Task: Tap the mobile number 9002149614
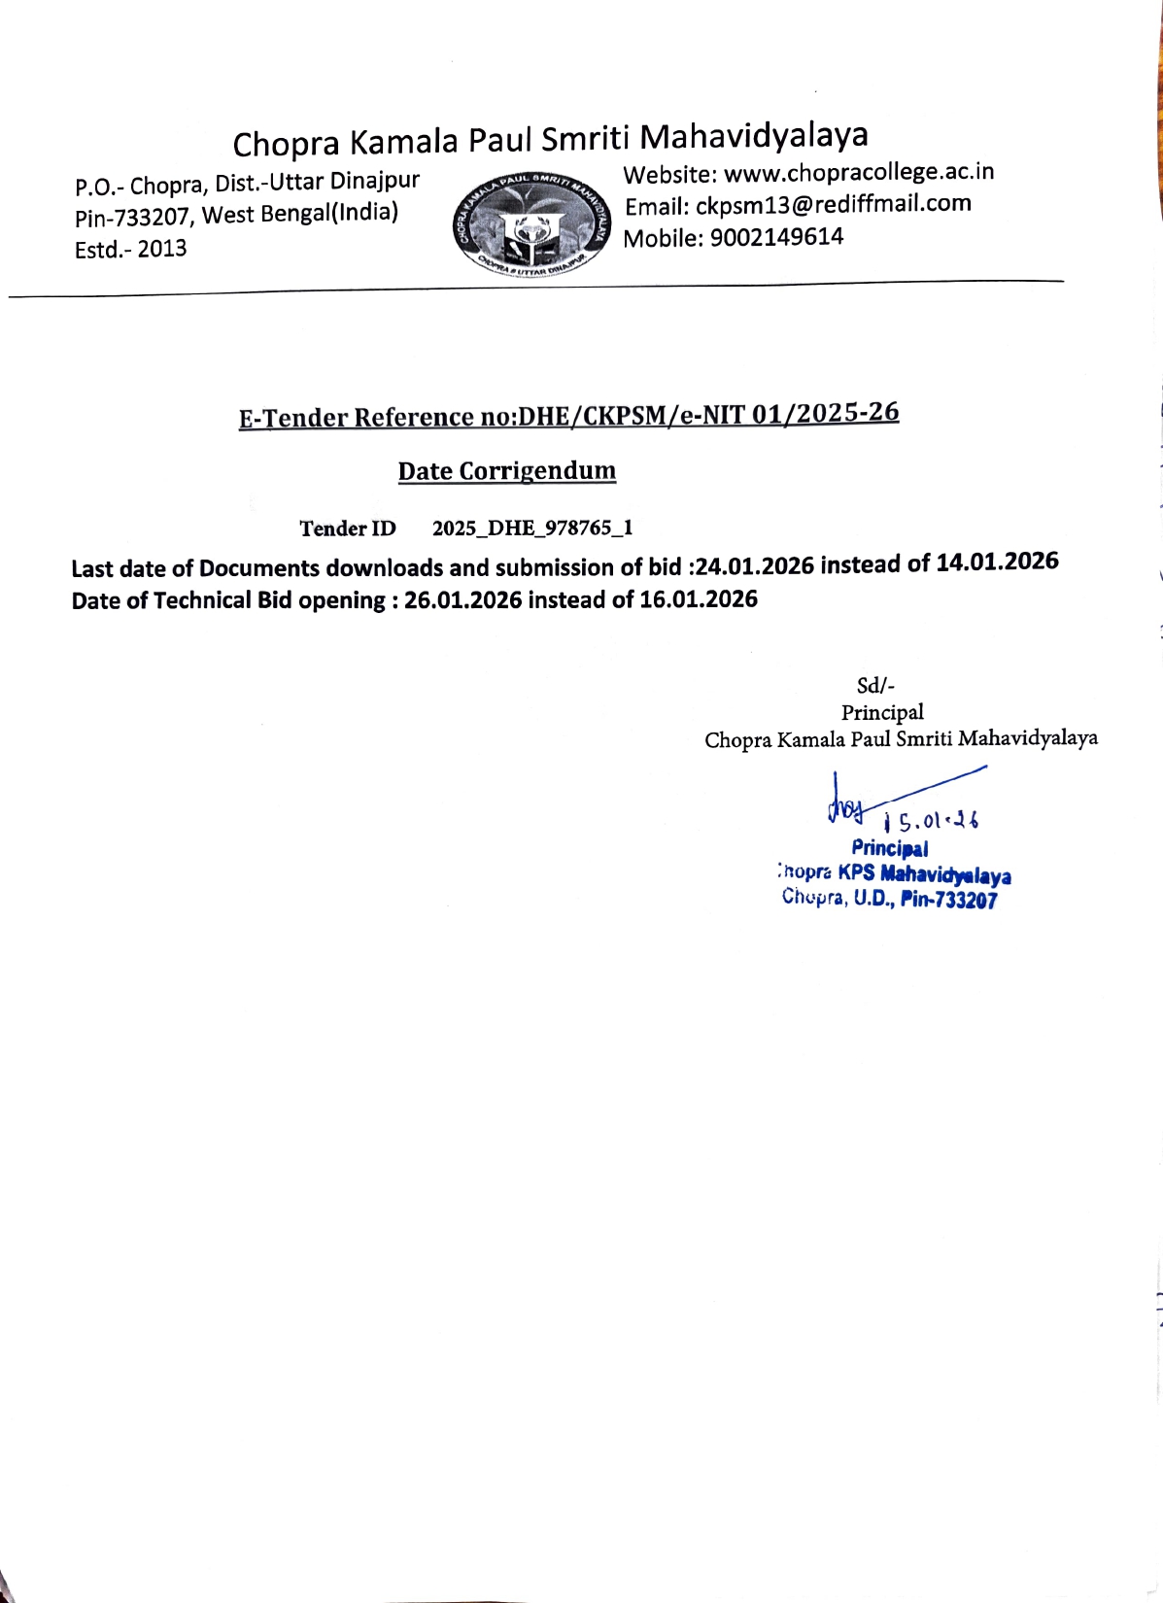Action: (x=776, y=237)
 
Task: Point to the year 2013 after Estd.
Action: (x=161, y=249)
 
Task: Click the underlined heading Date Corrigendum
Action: (x=506, y=471)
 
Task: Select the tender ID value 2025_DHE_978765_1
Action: (x=532, y=529)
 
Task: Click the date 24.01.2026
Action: (x=755, y=565)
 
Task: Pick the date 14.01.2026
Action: (x=997, y=562)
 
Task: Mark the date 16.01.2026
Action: (x=698, y=598)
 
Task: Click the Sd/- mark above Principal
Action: (x=875, y=685)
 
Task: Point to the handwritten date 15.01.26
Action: (x=932, y=822)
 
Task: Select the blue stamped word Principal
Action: (x=889, y=848)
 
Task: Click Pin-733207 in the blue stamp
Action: (x=948, y=900)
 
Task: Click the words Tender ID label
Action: (x=348, y=529)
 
